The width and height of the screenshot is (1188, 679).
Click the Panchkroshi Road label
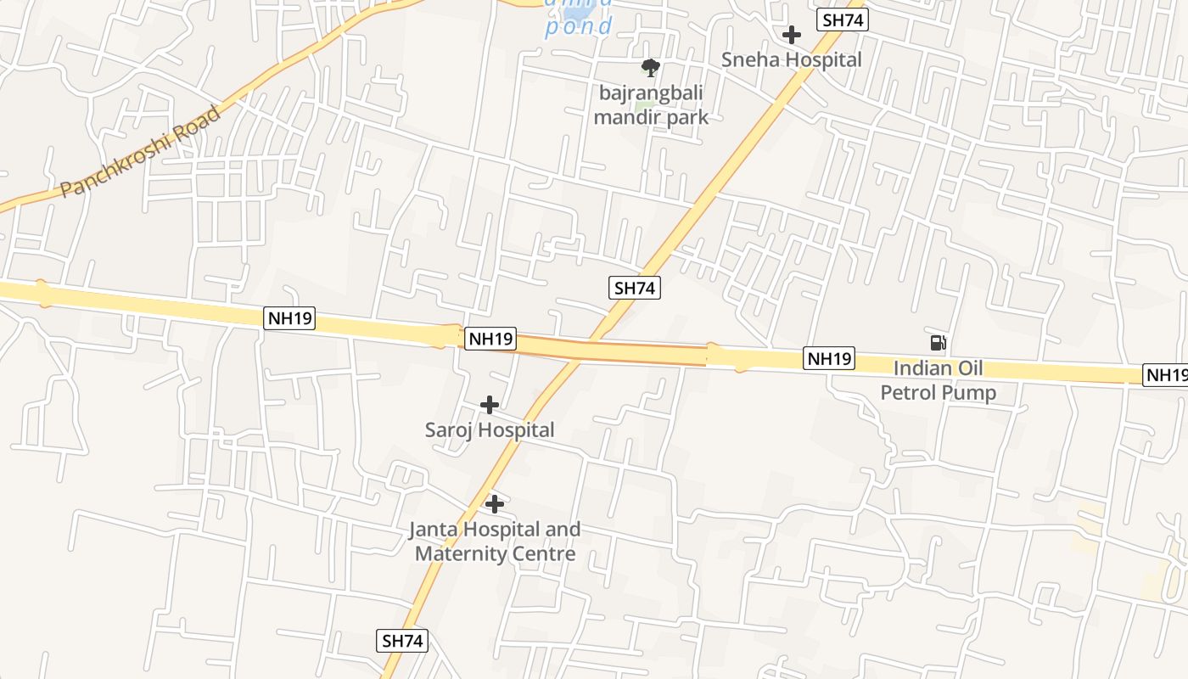[140, 151]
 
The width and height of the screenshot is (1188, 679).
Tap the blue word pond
[578, 26]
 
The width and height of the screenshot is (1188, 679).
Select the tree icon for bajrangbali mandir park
[651, 68]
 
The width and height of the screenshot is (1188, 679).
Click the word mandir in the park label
[628, 117]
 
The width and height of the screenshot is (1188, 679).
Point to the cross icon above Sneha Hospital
[792, 35]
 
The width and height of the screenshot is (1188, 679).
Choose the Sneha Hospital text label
[791, 59]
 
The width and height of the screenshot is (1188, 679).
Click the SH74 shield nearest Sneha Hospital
[843, 20]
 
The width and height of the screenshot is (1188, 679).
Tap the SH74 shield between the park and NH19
[635, 288]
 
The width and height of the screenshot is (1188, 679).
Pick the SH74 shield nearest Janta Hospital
[402, 641]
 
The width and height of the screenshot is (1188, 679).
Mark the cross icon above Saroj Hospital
[490, 405]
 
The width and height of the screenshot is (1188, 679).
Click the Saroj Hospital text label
[490, 430]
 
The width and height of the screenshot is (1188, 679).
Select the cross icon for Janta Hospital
[495, 504]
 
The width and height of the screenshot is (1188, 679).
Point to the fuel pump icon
[938, 343]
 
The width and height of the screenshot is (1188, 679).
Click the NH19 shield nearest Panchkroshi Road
[289, 319]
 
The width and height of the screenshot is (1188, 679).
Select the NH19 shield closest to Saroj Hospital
[490, 339]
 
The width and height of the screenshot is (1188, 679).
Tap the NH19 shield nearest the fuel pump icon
[829, 358]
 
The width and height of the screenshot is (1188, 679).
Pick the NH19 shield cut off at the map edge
[1167, 374]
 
